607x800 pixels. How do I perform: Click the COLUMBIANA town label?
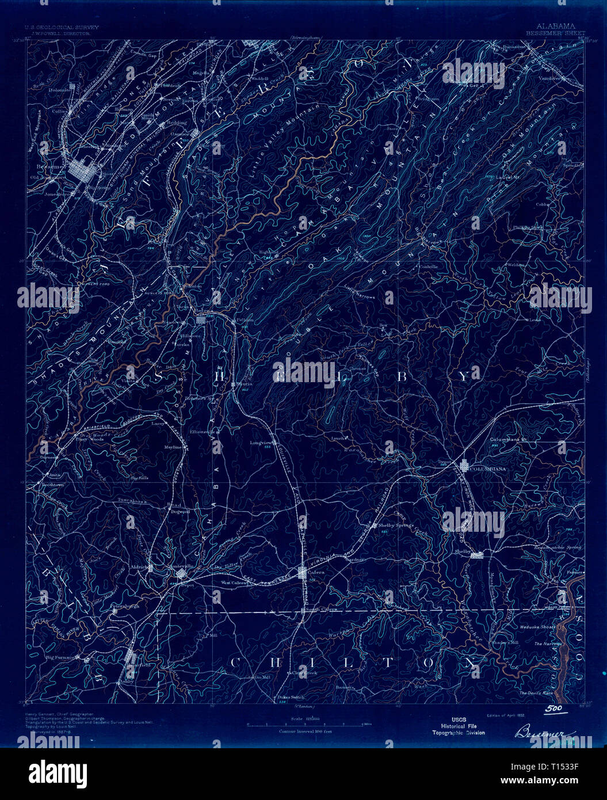[488, 469]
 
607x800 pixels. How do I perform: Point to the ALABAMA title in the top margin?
[556, 26]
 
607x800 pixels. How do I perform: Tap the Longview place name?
[260, 443]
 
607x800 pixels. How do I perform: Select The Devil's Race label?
[535, 693]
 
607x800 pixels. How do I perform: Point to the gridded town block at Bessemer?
[86, 172]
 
